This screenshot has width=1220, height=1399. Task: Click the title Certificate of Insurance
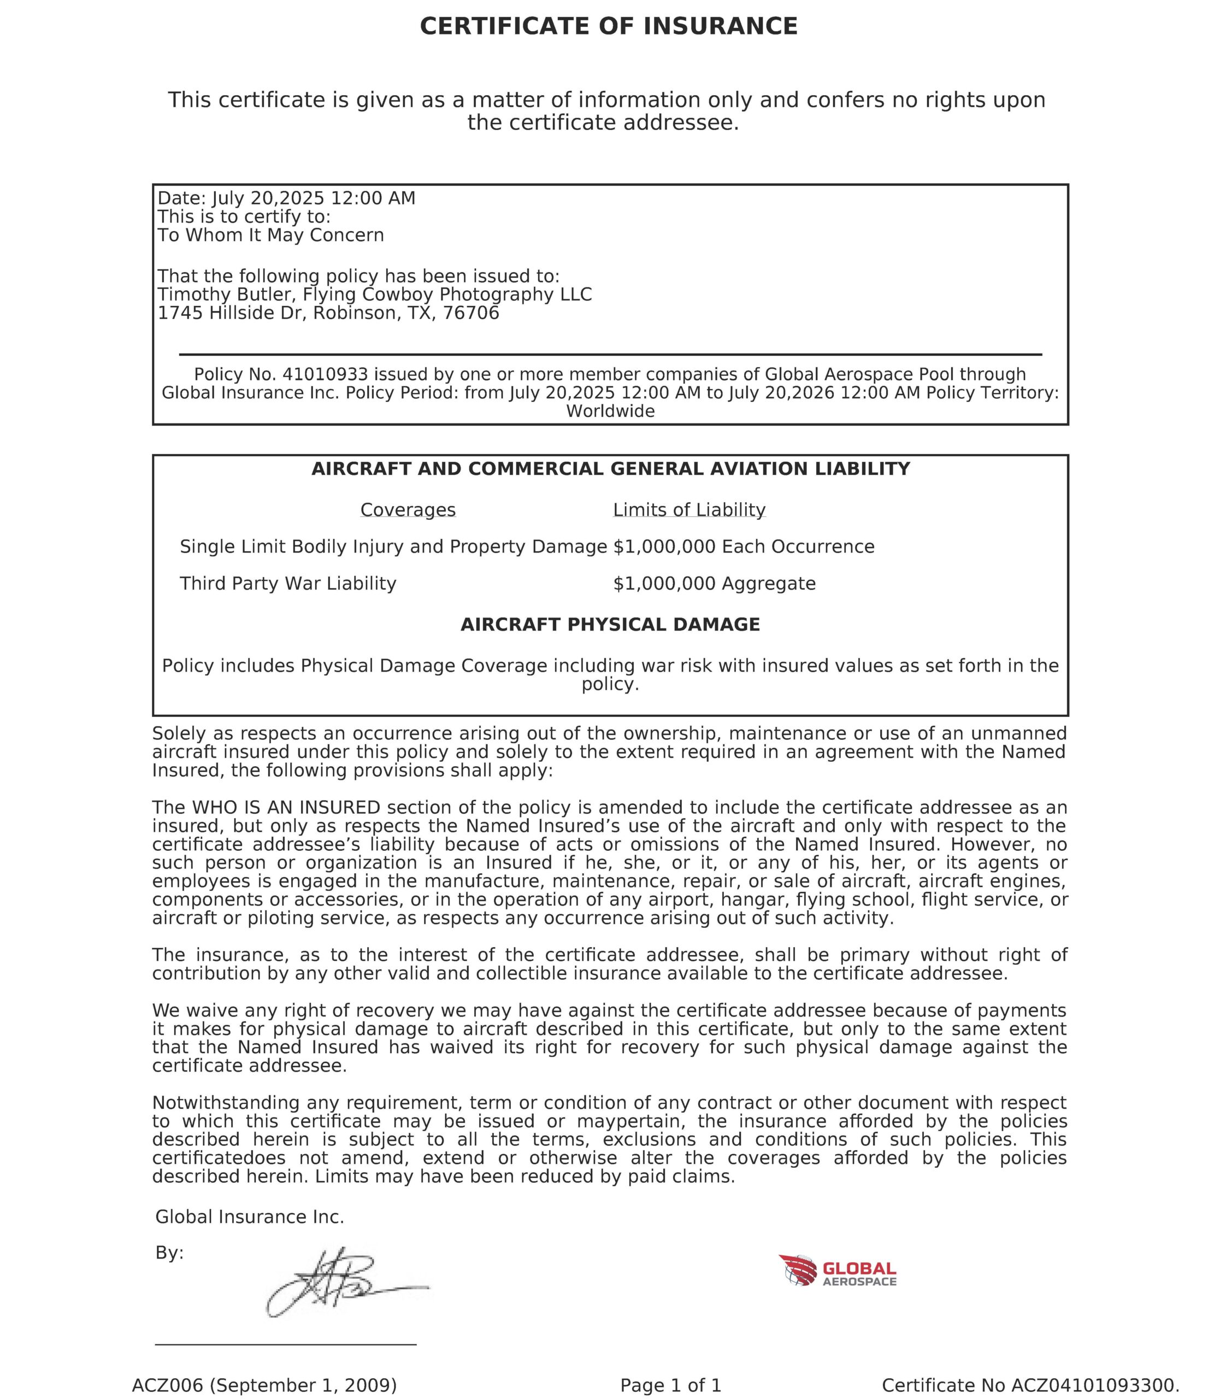tap(609, 27)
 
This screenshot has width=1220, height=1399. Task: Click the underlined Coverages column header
tap(408, 510)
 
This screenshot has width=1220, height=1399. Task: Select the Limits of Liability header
tap(689, 510)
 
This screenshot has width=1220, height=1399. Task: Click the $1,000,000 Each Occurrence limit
tap(744, 547)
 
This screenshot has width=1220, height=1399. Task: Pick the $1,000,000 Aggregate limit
tap(714, 584)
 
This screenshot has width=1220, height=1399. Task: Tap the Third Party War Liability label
tap(288, 584)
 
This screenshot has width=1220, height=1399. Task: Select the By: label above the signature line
tap(169, 1253)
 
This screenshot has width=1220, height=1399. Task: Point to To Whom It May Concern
tap(271, 236)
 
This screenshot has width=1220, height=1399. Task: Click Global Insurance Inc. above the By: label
tap(250, 1217)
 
